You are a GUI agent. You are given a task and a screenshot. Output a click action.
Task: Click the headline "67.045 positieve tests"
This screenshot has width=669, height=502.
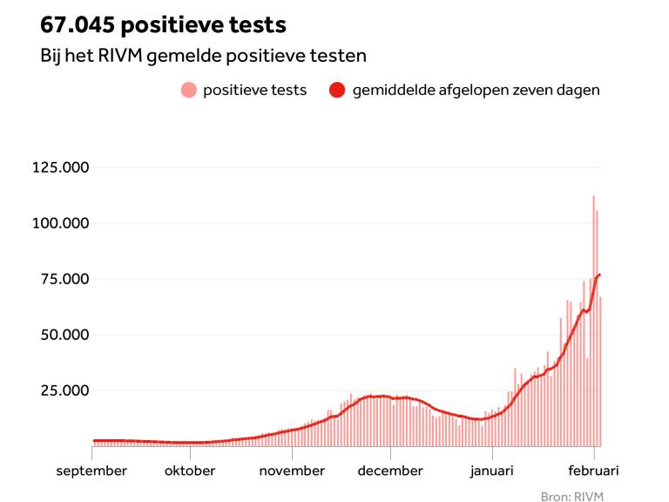(x=163, y=24)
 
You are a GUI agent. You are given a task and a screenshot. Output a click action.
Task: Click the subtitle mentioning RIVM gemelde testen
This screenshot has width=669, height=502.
(x=203, y=56)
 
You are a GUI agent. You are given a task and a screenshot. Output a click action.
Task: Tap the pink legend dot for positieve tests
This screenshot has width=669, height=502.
(x=188, y=90)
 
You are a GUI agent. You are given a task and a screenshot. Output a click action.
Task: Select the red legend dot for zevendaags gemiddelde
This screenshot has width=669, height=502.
(x=337, y=90)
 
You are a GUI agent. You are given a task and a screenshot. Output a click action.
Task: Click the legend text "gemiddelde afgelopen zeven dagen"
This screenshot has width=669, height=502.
(x=476, y=90)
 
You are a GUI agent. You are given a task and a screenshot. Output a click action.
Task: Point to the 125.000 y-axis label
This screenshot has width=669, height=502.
(x=61, y=167)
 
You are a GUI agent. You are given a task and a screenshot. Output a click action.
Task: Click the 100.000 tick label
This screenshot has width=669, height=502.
(x=61, y=223)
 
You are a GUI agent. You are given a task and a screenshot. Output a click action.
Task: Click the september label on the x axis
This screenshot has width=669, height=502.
(x=92, y=471)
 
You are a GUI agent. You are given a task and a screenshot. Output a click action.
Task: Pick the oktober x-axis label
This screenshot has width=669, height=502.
(x=190, y=471)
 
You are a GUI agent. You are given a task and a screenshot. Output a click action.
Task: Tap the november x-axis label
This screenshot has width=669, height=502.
(x=292, y=471)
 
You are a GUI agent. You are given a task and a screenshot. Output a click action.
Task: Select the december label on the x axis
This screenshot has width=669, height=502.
(x=391, y=471)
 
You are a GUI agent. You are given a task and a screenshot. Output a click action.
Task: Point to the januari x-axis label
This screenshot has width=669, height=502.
(x=492, y=471)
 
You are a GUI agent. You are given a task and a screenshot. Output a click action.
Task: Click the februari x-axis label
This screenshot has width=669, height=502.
(x=594, y=471)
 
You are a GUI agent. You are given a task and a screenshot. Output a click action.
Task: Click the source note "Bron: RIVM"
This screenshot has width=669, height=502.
(x=571, y=496)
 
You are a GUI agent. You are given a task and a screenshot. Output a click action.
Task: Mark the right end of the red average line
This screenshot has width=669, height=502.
(x=600, y=275)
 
